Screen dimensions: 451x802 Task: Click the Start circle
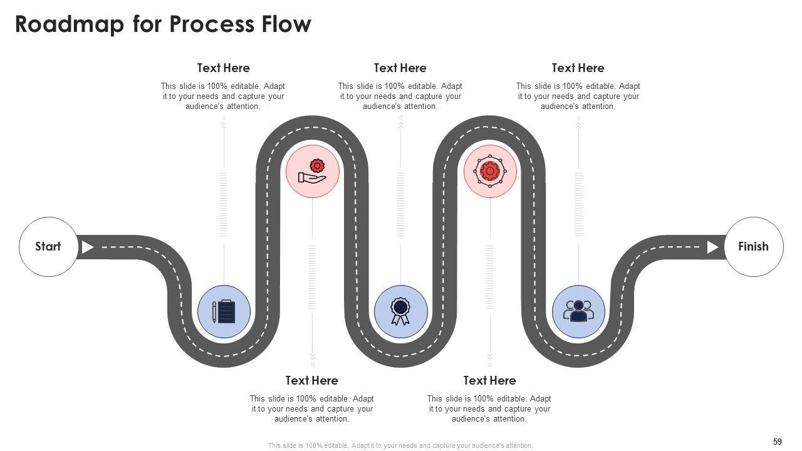point(48,247)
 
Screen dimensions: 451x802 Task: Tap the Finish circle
point(753,247)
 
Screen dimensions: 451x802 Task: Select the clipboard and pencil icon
point(224,311)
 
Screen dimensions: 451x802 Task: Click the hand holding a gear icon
point(313,172)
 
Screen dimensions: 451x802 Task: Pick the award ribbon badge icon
point(400,311)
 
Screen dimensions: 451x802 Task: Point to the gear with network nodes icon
point(490,171)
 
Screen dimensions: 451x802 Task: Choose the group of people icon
point(578,311)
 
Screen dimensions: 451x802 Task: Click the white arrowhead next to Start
point(88,247)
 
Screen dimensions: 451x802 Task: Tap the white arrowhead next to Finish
point(712,247)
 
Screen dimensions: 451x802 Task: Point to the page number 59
point(778,442)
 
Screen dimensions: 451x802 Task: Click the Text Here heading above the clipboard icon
point(223,68)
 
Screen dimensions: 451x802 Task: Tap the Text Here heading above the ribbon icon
point(400,68)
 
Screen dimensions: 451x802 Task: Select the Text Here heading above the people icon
point(578,68)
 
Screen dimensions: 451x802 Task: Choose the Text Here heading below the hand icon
point(311,380)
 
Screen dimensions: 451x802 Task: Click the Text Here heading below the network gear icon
point(489,380)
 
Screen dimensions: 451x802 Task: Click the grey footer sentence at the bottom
point(400,445)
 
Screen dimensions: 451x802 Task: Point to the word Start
point(48,247)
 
